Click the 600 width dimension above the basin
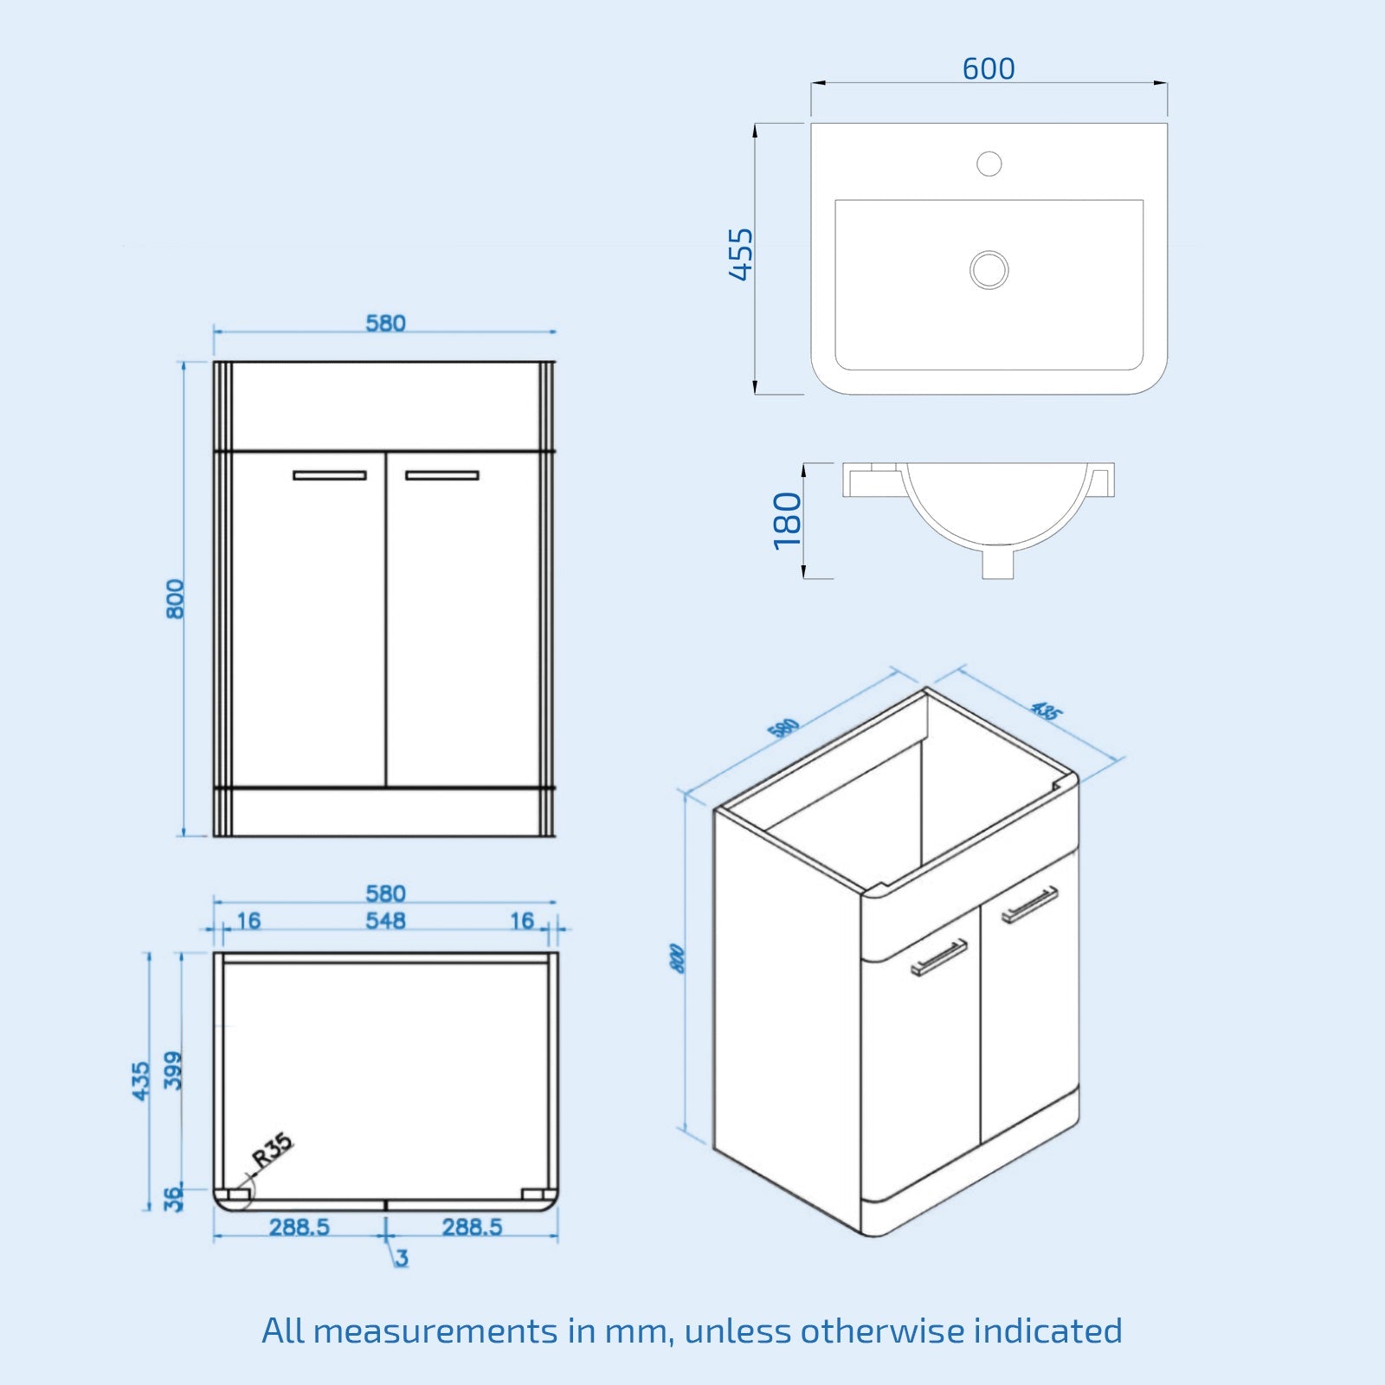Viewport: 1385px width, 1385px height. pos(989,68)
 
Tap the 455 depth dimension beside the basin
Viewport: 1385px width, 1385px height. pos(741,254)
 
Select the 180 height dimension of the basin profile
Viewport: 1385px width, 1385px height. pos(787,520)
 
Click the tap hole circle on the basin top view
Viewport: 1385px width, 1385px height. pos(989,163)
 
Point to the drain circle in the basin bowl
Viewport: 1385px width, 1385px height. pos(989,269)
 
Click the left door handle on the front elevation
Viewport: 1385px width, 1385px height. pos(329,475)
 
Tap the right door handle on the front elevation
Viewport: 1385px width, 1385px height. pos(441,475)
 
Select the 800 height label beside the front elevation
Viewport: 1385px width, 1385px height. pos(175,598)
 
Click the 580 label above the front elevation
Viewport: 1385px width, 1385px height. pos(385,323)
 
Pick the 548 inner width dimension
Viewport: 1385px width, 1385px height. pos(385,920)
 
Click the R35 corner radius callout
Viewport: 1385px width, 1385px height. pos(272,1151)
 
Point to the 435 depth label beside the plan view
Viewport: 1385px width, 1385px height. pos(140,1081)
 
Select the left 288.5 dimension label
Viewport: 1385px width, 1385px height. pos(299,1227)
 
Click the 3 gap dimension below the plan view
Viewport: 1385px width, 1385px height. pos(401,1257)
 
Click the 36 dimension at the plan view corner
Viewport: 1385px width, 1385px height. pos(173,1198)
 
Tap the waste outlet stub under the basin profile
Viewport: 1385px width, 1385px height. pos(997,564)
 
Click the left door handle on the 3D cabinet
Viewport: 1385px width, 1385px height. pos(939,957)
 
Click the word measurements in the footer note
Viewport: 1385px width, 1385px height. pos(435,1330)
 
